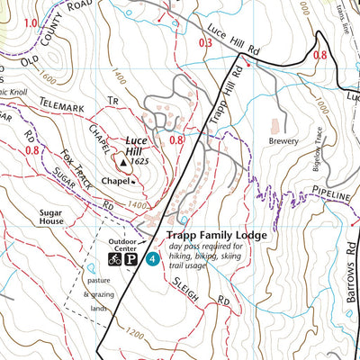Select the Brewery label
pos(282,140)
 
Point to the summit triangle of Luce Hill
pos(124,163)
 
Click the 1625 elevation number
pos(139,162)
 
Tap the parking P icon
pos(131,259)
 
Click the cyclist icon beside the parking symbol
pos(115,259)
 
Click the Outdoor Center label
pos(127,242)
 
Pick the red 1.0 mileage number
pos(31,22)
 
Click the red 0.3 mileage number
pos(204,42)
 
